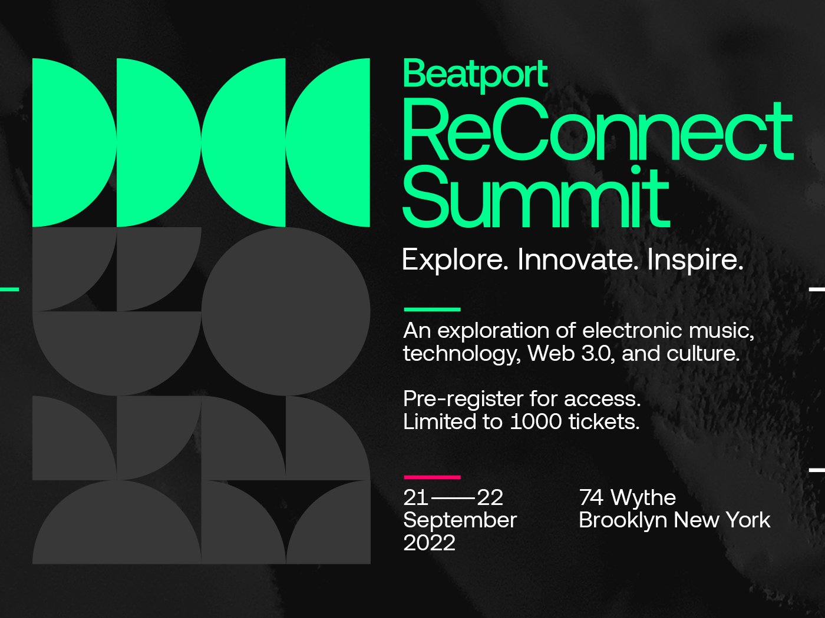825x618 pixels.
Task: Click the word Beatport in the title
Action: click(475, 75)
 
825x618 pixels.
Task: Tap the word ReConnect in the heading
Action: click(598, 130)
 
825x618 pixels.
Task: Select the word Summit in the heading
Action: click(536, 197)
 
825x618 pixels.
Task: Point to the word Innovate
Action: click(578, 260)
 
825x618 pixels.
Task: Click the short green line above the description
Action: click(432, 310)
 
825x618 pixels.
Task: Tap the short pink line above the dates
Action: click(432, 477)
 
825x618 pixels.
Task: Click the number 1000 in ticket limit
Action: click(536, 422)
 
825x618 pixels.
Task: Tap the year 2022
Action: click(429, 543)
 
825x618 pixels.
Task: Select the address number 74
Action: click(591, 497)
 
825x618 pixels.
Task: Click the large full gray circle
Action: click(286, 311)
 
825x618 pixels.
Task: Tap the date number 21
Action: click(415, 497)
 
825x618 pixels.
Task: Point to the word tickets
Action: click(604, 422)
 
